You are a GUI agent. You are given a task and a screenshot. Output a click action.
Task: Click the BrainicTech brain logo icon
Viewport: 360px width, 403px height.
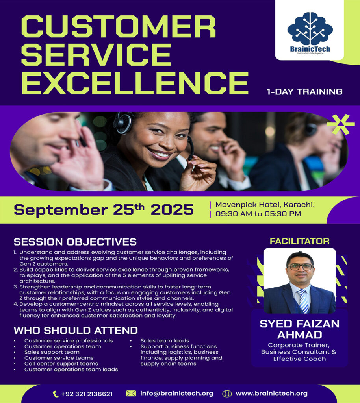coord(310,28)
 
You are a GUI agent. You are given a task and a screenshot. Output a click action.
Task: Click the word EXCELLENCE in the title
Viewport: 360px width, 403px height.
coord(135,83)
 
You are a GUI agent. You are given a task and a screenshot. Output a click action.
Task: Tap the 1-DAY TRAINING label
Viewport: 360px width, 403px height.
coord(304,92)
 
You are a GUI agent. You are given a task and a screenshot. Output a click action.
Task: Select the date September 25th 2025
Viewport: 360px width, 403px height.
coord(104,210)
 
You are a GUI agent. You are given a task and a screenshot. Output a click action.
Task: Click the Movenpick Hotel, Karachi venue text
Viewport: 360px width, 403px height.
coord(265,205)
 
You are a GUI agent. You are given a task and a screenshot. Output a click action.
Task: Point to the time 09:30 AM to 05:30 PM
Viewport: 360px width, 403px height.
coord(258,214)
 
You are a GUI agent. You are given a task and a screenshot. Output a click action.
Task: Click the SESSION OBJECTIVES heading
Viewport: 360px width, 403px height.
coord(75,242)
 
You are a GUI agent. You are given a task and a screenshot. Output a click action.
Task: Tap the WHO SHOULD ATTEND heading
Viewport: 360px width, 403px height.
coord(76,330)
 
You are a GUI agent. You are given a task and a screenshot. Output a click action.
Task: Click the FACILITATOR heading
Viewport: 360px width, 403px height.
coord(300,241)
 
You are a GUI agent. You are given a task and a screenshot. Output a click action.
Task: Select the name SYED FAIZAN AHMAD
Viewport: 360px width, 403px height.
coord(300,329)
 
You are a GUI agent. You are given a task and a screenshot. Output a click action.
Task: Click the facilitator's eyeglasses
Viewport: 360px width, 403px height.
coord(301,267)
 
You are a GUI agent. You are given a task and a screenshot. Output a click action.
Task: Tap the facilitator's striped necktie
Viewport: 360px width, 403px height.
coord(303,300)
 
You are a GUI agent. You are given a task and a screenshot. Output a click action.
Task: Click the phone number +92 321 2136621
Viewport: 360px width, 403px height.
coord(87,394)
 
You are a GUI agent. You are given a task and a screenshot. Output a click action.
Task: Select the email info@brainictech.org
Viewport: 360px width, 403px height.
coord(177,394)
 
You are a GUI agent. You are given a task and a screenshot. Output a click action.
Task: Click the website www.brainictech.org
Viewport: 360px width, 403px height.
coord(271,394)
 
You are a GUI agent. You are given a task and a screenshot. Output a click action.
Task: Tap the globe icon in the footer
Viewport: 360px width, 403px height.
coord(227,394)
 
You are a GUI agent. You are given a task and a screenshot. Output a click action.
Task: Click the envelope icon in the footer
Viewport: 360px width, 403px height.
coord(131,394)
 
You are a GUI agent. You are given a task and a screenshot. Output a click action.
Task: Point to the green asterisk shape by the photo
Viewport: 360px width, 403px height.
coord(341,125)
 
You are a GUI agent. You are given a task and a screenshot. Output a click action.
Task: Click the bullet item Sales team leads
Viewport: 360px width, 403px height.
coord(165,340)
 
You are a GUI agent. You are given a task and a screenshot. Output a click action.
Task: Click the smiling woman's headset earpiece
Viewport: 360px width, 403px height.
coord(123,123)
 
